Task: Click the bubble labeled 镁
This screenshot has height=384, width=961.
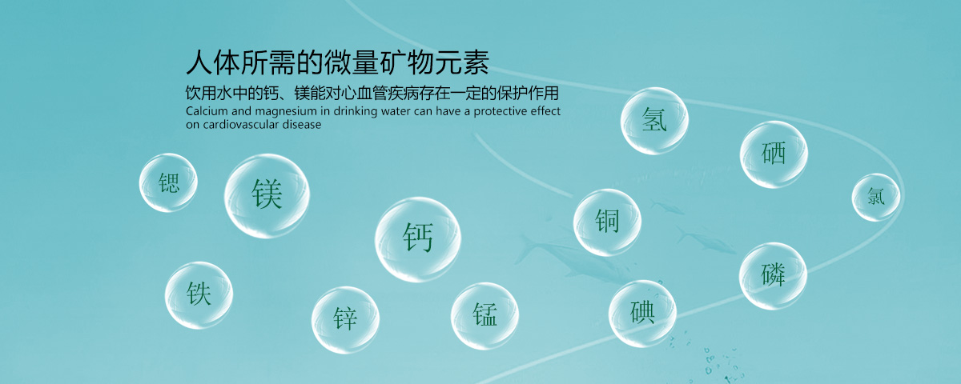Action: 267,196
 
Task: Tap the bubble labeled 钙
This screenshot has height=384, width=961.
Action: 418,239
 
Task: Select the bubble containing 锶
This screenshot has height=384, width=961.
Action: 168,182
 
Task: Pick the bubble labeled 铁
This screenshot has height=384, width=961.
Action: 199,295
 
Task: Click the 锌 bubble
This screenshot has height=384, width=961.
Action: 345,320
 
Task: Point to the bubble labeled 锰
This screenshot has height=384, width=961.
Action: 485,316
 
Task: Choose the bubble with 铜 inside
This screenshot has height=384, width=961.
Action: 607,222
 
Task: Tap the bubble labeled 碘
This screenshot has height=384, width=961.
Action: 642,314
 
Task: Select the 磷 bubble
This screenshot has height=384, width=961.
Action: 773,276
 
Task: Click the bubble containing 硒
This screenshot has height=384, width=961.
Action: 774,154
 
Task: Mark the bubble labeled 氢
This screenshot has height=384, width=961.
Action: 654,121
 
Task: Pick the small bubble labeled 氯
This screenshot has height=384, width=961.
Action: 875,197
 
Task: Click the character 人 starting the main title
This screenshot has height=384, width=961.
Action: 199,62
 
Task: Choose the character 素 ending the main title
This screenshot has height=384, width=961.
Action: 476,62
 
